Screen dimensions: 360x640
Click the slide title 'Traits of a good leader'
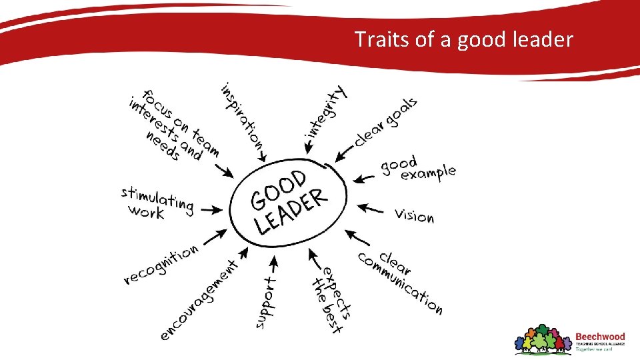463,39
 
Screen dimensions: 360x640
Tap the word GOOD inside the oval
278,189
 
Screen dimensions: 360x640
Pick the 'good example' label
417,168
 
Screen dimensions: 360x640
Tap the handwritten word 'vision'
414,215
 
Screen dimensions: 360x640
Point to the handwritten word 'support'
265,303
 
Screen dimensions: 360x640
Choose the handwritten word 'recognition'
161,264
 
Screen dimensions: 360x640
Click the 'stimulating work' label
157,202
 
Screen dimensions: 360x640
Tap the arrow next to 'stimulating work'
212,209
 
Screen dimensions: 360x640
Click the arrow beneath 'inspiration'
263,155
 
